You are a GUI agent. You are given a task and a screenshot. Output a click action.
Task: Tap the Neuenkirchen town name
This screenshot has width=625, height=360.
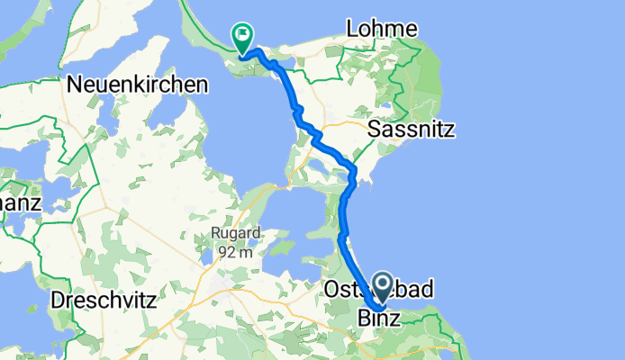point(138,85)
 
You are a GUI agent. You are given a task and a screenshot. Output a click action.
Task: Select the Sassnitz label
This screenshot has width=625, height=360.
point(412,130)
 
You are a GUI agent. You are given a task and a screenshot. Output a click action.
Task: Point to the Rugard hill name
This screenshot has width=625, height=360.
point(237,233)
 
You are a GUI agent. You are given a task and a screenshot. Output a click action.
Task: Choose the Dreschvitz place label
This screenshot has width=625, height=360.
point(104,298)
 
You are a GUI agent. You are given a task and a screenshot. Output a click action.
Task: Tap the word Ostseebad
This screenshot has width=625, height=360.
point(378,290)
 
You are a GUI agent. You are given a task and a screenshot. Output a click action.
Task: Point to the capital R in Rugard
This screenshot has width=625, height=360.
point(217,233)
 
